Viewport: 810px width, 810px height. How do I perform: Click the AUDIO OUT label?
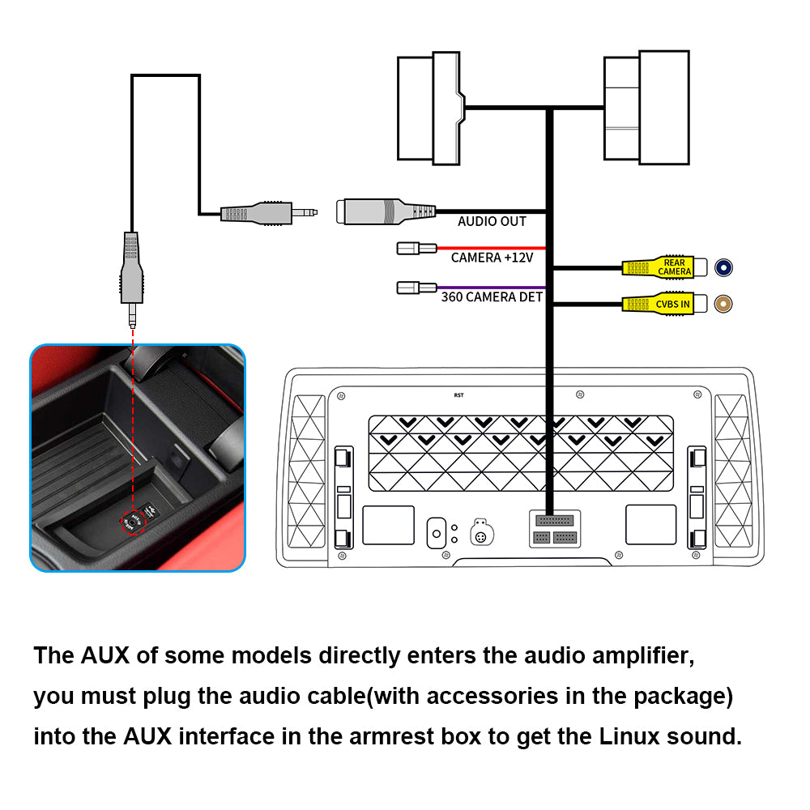pos(492,221)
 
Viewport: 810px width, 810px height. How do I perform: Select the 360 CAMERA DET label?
pos(492,297)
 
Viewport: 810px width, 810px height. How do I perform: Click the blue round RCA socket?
pos(724,266)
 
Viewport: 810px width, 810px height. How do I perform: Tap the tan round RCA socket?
pos(724,304)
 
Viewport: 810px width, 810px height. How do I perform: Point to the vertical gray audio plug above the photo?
pos(132,267)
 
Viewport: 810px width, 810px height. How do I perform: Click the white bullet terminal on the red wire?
pos(416,248)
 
